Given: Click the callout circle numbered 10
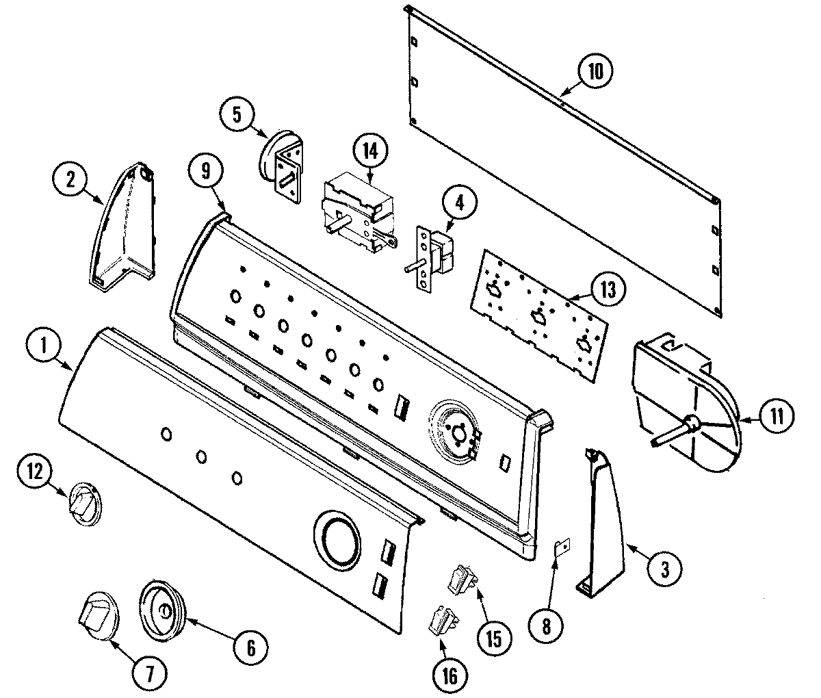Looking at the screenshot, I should (595, 72).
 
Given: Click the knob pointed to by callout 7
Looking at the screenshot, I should (94, 617).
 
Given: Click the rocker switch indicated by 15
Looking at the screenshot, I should (462, 577).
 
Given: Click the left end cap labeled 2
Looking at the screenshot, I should (123, 226).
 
